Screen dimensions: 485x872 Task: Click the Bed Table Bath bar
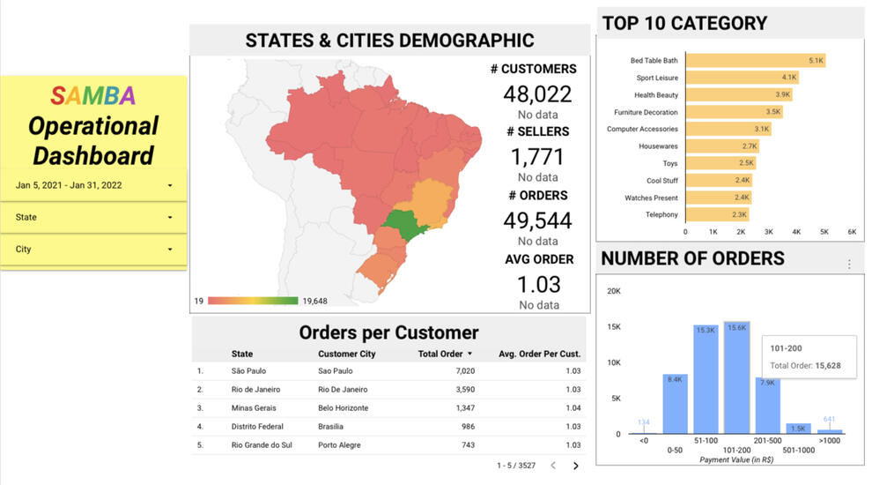point(755,61)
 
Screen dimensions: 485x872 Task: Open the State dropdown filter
point(93,217)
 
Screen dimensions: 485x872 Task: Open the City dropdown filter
point(93,250)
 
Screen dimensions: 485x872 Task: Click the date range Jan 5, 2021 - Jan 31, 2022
point(93,185)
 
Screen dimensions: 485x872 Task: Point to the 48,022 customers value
point(537,94)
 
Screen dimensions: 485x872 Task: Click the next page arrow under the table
point(576,466)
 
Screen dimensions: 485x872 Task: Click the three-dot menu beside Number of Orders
point(849,265)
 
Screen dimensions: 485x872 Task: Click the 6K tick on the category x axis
point(852,231)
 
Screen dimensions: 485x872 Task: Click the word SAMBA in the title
point(92,95)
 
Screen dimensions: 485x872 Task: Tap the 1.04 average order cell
point(573,408)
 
